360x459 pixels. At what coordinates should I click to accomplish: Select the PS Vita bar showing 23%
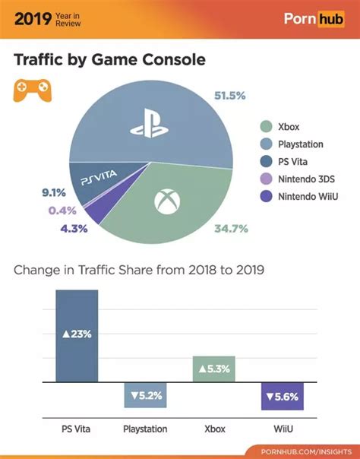click(77, 335)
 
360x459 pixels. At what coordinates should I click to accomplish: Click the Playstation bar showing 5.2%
click(145, 395)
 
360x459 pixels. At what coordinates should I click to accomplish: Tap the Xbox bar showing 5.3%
click(214, 369)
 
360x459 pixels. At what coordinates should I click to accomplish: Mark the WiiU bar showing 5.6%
click(283, 396)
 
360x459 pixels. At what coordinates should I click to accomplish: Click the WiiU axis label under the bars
click(283, 429)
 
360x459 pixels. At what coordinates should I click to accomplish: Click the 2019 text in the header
click(31, 17)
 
